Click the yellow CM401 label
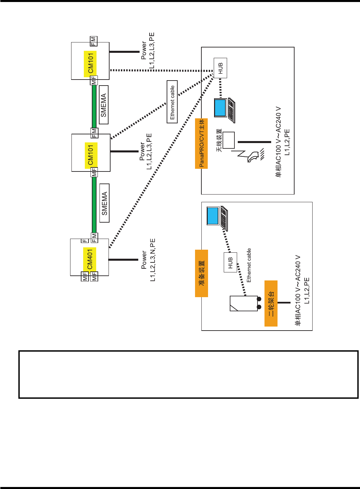pos(89,259)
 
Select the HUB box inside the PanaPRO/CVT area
pos(220,68)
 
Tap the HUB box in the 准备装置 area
pos(230,262)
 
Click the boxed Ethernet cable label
pos(172,102)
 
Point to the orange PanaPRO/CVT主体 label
pos(201,143)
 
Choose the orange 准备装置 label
pos(202,273)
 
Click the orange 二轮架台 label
pos(271,303)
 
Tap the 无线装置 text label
pos(219,140)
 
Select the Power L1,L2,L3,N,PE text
pos(148,260)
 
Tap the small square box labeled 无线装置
pos(229,140)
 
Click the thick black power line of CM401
pos(124,259)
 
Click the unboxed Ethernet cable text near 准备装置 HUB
pos(249,265)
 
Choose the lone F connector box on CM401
pos(85,241)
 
